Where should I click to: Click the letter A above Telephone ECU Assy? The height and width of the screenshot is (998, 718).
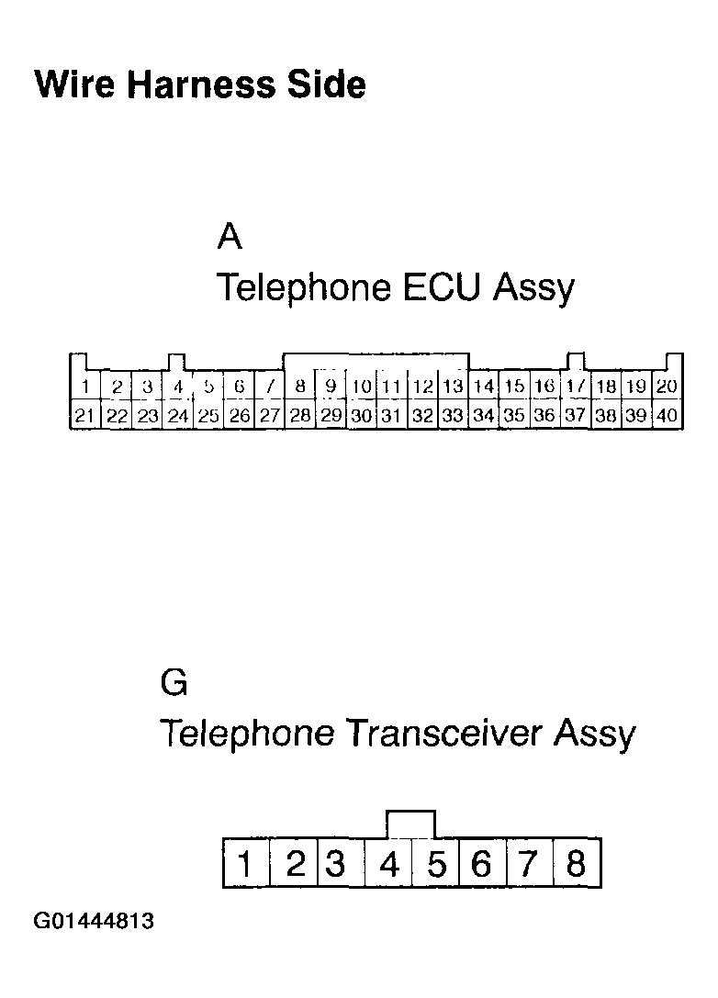230,237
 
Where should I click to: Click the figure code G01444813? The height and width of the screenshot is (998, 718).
94,921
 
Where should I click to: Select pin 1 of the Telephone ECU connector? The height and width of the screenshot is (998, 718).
84,387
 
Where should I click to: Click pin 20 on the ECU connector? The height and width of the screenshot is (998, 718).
667,387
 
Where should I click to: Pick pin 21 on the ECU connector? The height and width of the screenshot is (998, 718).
84,416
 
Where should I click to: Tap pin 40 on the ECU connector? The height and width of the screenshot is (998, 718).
667,416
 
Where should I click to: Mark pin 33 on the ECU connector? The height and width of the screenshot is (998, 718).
453,416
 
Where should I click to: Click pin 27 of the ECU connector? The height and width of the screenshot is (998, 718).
269,416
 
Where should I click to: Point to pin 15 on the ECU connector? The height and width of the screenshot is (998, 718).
514,387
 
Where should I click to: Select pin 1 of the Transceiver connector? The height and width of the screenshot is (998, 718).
246,864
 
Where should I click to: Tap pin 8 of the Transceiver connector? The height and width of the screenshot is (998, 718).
577,864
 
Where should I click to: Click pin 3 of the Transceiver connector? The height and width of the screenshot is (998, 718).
336,864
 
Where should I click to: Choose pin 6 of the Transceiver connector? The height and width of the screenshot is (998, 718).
481,864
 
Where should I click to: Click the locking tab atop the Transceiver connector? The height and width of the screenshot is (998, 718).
411,824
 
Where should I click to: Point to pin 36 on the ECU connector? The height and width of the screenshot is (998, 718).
544,416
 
